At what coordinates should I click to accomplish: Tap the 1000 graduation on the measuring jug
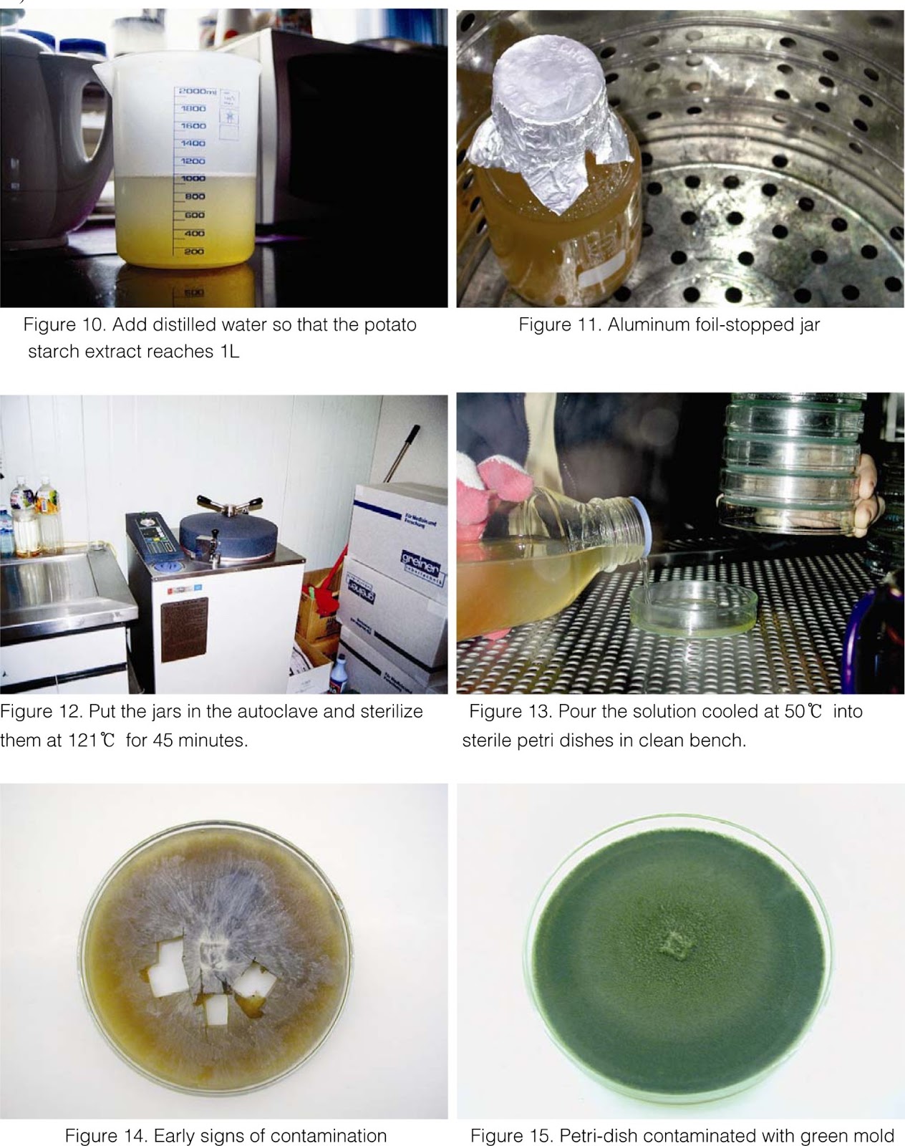[193, 178]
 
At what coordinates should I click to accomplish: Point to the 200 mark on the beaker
[194, 251]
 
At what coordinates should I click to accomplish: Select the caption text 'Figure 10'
[57, 324]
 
